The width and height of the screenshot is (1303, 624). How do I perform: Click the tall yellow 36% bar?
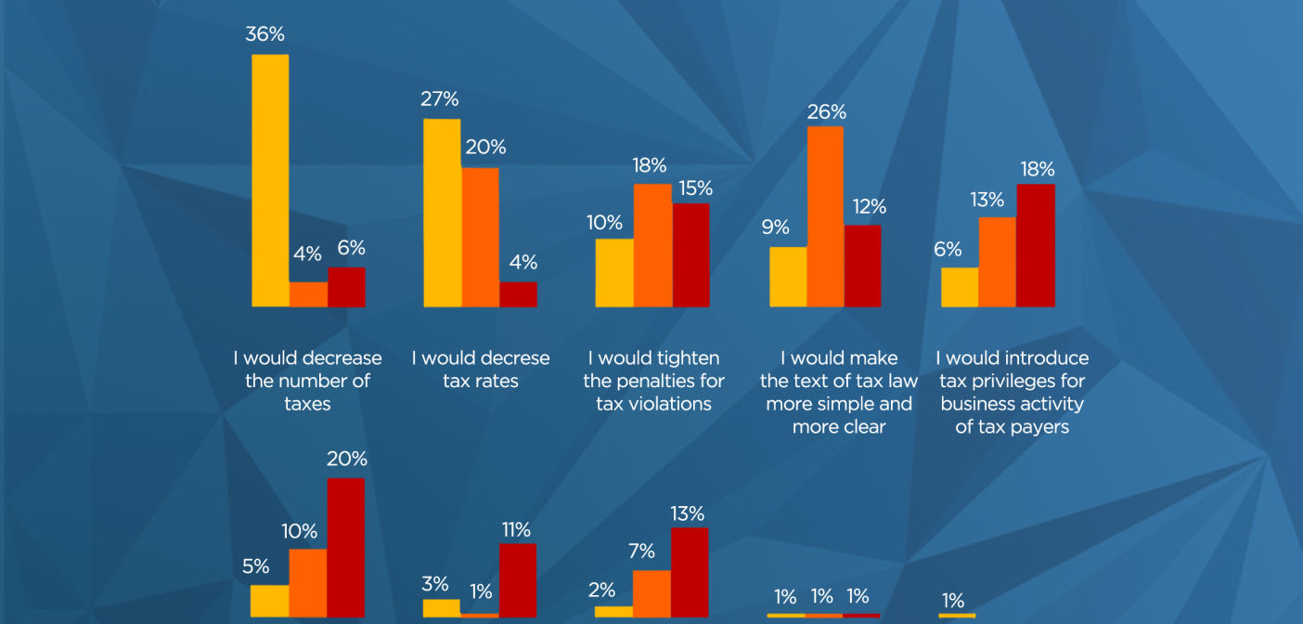(270, 180)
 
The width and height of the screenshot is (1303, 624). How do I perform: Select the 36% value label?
(264, 34)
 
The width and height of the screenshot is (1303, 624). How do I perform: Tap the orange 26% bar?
(825, 216)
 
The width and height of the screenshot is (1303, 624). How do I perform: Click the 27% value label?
(440, 99)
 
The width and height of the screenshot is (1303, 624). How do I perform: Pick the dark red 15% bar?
(691, 255)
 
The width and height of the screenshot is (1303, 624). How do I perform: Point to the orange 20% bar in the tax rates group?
(481, 238)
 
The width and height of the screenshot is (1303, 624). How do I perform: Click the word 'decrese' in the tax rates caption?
(515, 358)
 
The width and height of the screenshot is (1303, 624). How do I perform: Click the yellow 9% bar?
(788, 277)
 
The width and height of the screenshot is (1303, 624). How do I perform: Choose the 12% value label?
(870, 207)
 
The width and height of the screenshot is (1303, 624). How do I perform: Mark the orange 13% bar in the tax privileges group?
(998, 262)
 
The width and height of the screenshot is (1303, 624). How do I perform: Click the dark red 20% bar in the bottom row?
(346, 548)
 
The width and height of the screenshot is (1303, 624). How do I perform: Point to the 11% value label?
(517, 529)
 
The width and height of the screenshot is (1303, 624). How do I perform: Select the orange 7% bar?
(651, 593)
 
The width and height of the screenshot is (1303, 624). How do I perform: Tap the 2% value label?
(601, 591)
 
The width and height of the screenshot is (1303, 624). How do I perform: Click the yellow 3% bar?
(442, 608)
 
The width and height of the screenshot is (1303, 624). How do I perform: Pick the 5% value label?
(256, 566)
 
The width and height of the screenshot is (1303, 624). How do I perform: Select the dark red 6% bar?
(347, 288)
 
